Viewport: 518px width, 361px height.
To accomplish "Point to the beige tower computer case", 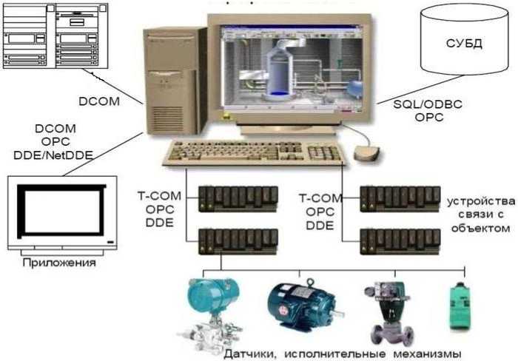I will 174,81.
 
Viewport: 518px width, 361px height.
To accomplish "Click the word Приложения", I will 59,263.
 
